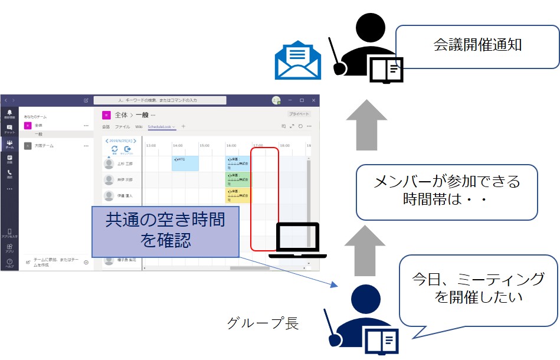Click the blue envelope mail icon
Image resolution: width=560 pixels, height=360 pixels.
coord(298,59)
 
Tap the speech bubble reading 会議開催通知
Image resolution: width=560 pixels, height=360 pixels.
coord(477,46)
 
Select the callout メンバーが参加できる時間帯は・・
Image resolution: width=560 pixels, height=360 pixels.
coord(447,192)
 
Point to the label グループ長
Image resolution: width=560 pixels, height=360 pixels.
coord(263,323)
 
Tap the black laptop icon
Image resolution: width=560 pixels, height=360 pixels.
coord(297,241)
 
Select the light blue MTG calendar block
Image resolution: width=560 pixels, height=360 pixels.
coord(185,163)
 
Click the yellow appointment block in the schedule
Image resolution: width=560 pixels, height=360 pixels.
coord(238,195)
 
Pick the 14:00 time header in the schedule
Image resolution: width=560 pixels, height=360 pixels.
coord(178,145)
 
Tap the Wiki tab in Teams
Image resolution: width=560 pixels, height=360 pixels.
coord(139,126)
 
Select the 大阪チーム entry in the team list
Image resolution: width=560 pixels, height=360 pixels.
coord(44,145)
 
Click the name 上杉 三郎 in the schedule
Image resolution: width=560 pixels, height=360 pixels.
coord(125,163)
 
